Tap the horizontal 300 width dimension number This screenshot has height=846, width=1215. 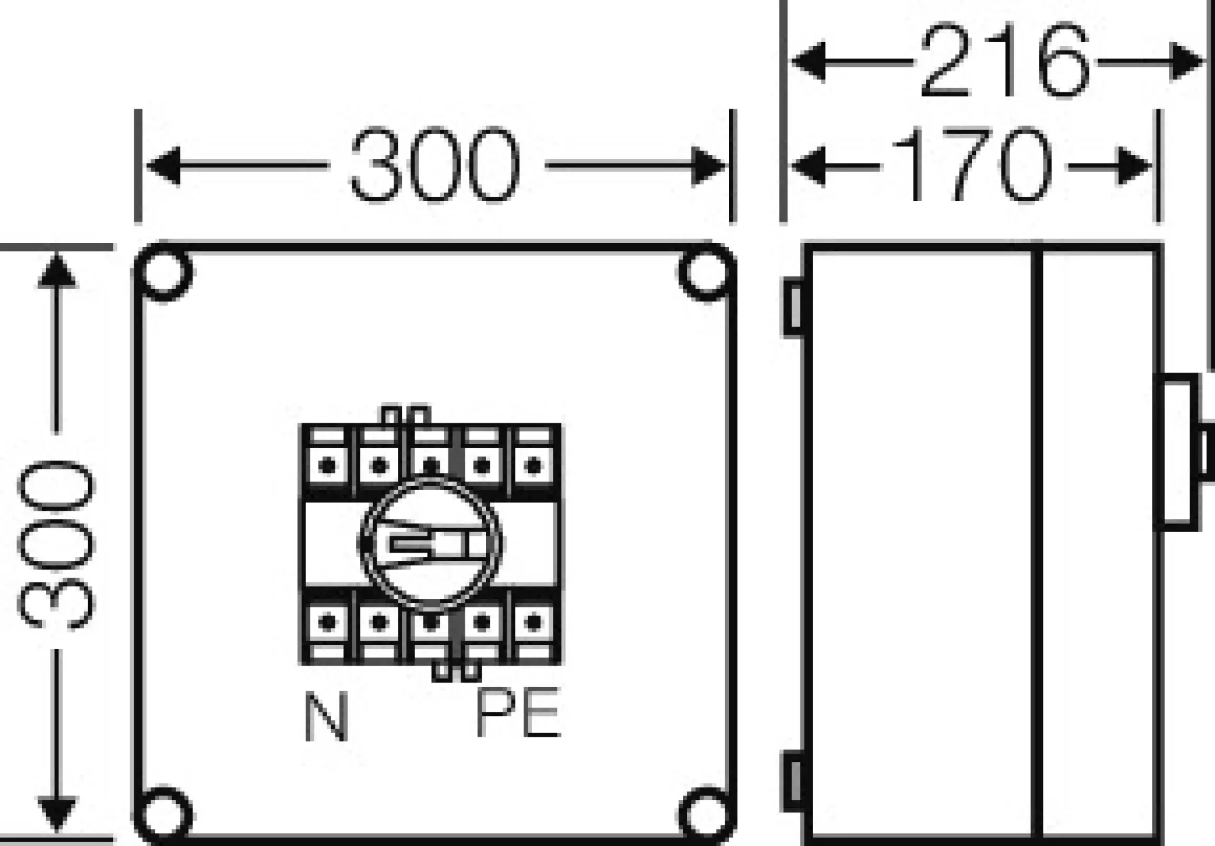pyautogui.click(x=435, y=165)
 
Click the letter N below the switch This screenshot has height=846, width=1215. pyautogui.click(x=326, y=717)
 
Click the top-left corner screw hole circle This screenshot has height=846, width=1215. pyautogui.click(x=165, y=271)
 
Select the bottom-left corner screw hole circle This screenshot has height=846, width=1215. pyautogui.click(x=165, y=814)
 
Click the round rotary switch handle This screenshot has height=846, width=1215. pyautogui.click(x=431, y=542)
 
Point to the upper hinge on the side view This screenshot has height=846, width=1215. pyautogui.click(x=794, y=307)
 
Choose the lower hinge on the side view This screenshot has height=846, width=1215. pyautogui.click(x=794, y=780)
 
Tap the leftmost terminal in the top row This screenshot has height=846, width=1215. pyautogui.click(x=328, y=466)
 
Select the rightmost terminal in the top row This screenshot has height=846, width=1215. pyautogui.click(x=534, y=466)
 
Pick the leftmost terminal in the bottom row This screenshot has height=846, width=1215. pyautogui.click(x=328, y=622)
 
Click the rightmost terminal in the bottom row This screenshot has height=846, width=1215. pyautogui.click(x=534, y=622)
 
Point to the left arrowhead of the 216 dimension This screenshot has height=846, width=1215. pyautogui.click(x=808, y=61)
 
